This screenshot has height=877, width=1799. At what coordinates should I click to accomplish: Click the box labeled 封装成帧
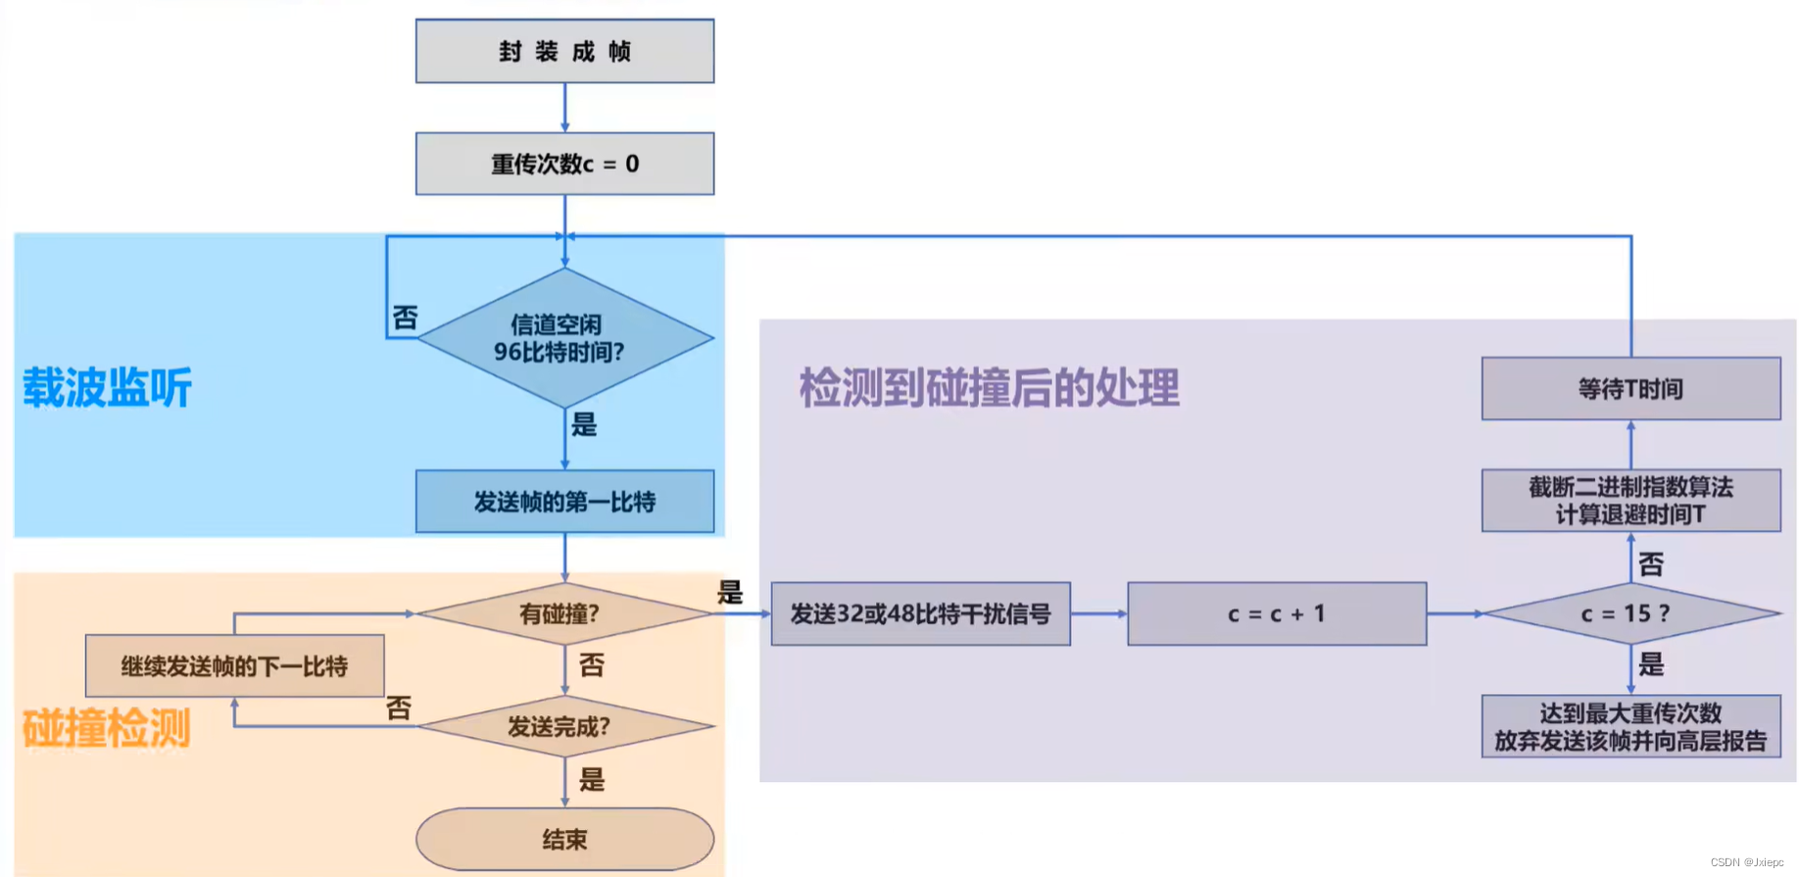tap(564, 51)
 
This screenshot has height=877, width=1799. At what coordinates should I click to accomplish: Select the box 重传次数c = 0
tap(564, 164)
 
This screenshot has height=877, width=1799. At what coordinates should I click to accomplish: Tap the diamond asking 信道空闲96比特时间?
tap(564, 338)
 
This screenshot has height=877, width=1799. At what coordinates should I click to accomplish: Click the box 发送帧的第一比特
tap(564, 502)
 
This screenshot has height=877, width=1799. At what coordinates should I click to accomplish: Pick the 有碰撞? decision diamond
tap(564, 614)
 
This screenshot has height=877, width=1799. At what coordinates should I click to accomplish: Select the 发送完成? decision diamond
tap(564, 727)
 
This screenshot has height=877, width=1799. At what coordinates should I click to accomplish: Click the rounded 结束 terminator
tap(564, 840)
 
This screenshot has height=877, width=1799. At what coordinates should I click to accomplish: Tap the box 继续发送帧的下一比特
tap(234, 666)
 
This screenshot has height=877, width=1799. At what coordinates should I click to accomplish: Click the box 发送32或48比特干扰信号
tap(920, 614)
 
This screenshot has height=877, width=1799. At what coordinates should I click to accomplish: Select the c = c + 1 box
tap(1277, 614)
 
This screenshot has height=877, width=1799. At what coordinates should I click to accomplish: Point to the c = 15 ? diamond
tap(1630, 614)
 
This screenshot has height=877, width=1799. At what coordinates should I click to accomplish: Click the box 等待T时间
tap(1630, 389)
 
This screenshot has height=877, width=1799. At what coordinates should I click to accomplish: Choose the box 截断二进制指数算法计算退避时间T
tap(1630, 501)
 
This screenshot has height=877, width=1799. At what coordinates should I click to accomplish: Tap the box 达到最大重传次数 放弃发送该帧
tap(1630, 727)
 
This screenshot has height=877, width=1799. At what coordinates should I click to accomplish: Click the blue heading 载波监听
tap(107, 388)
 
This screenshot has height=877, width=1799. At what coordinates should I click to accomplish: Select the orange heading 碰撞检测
tap(106, 729)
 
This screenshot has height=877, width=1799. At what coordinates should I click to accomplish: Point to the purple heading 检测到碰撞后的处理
tap(989, 388)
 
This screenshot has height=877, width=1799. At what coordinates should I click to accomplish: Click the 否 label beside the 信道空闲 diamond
tap(405, 317)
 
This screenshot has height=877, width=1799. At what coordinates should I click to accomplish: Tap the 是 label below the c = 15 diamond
tap(1651, 665)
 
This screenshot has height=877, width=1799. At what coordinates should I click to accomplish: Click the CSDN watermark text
tap(1747, 862)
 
